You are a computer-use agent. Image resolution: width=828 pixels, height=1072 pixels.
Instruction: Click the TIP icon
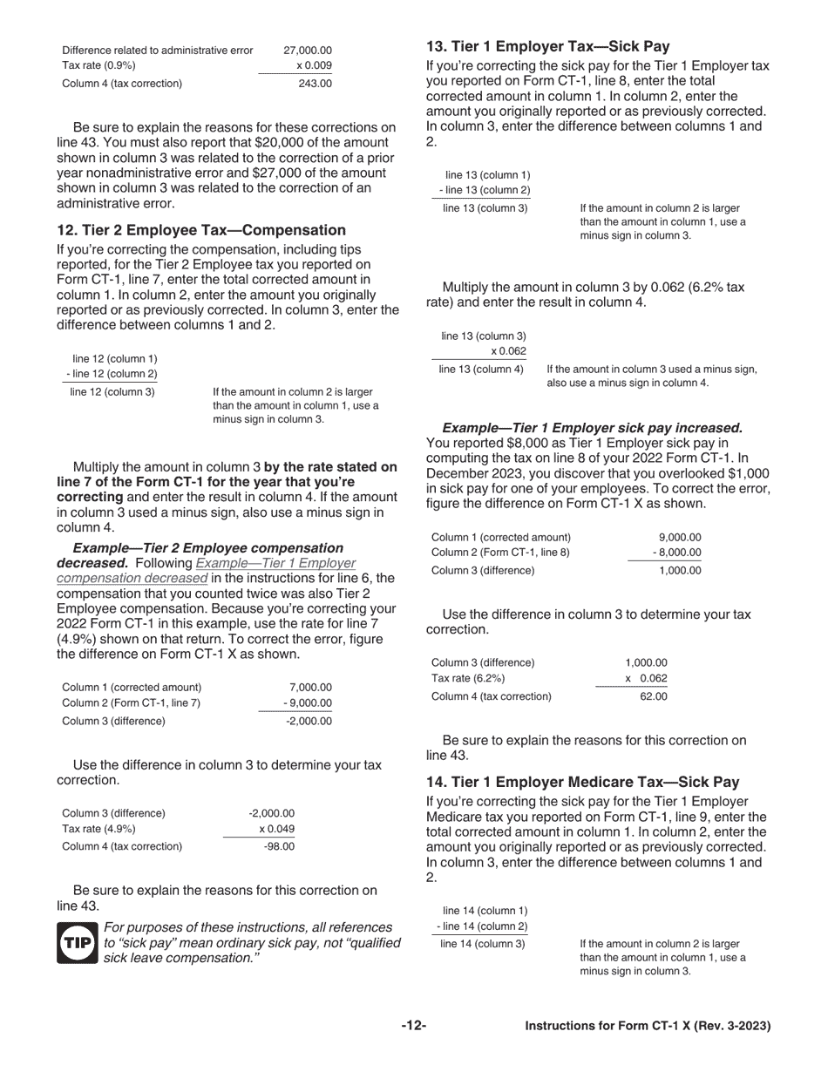[x=78, y=943]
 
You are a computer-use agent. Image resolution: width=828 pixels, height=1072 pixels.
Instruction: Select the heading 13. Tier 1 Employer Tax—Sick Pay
[x=547, y=47]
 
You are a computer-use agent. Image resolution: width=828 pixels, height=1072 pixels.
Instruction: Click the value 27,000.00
[x=308, y=51]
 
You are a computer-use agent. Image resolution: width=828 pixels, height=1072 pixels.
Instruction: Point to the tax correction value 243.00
[x=315, y=84]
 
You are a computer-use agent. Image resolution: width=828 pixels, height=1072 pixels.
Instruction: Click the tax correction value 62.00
[x=653, y=696]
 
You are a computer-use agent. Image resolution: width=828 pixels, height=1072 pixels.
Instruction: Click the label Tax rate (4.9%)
[x=98, y=829]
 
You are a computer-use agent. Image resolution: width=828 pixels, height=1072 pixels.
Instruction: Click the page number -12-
[x=413, y=1026]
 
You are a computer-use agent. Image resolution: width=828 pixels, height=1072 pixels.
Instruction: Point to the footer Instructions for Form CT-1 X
[x=647, y=1026]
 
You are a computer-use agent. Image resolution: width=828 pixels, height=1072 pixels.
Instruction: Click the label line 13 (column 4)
[x=481, y=370]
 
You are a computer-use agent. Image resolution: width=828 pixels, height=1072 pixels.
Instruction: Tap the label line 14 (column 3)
[x=483, y=943]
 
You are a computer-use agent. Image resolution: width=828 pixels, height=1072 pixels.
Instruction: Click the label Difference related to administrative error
[x=158, y=51]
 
